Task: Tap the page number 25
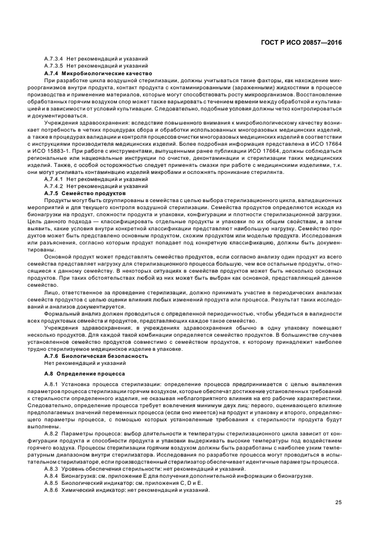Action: point(338,501)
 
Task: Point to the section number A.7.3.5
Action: point(53,66)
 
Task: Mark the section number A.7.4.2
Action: point(53,185)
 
